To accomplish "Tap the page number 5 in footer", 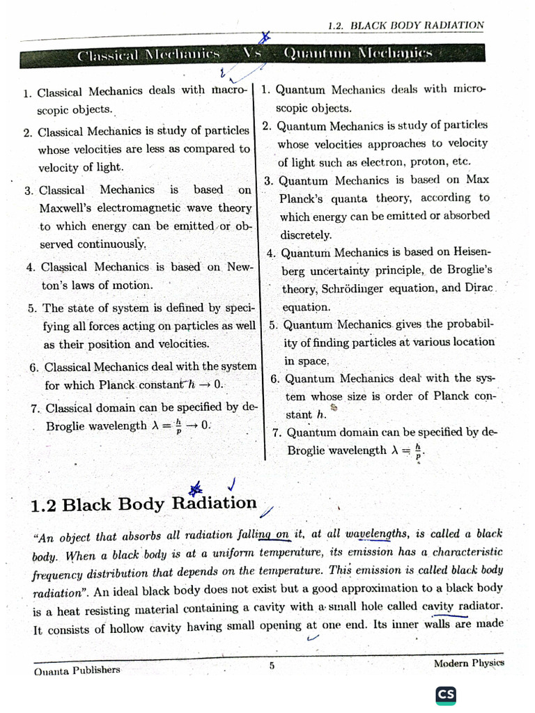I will tap(272, 665).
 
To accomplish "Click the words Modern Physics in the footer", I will tap(469, 664).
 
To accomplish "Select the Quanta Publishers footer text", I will tap(77, 670).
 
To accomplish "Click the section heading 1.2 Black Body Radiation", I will tap(144, 504).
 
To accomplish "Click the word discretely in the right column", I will tap(306, 235).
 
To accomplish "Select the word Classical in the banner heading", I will tap(104, 55).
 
